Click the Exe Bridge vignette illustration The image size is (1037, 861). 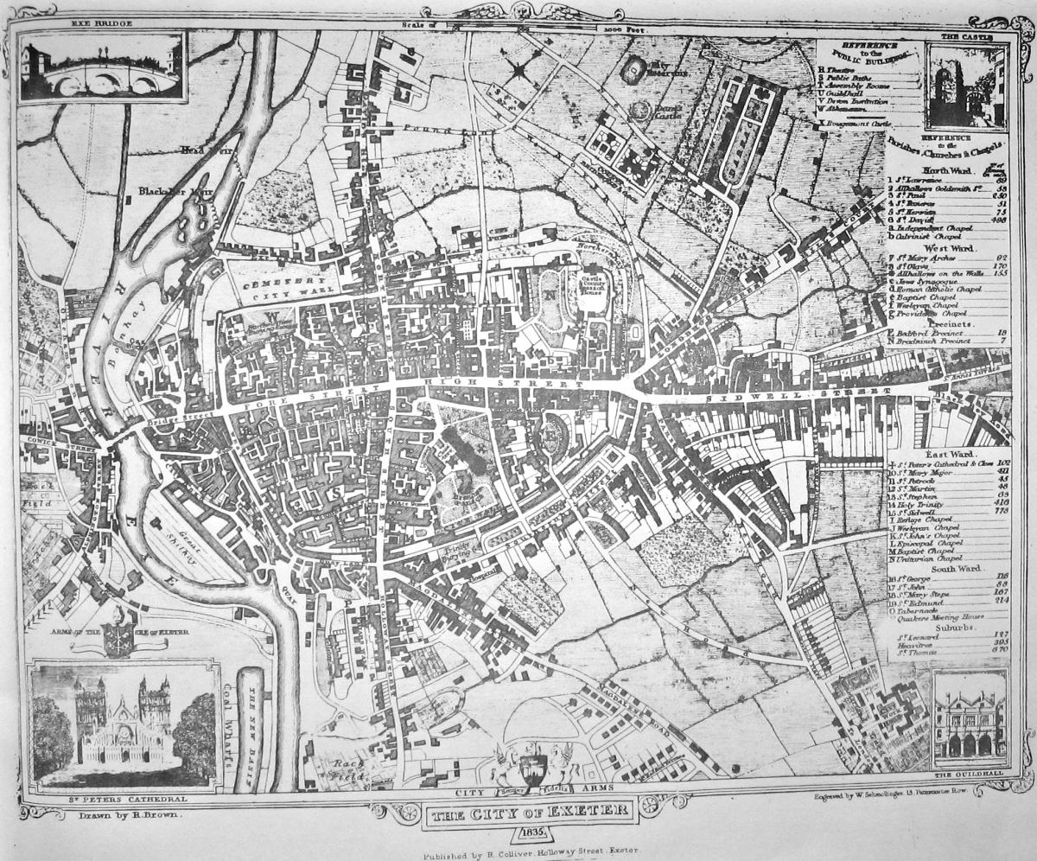[x=101, y=67]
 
